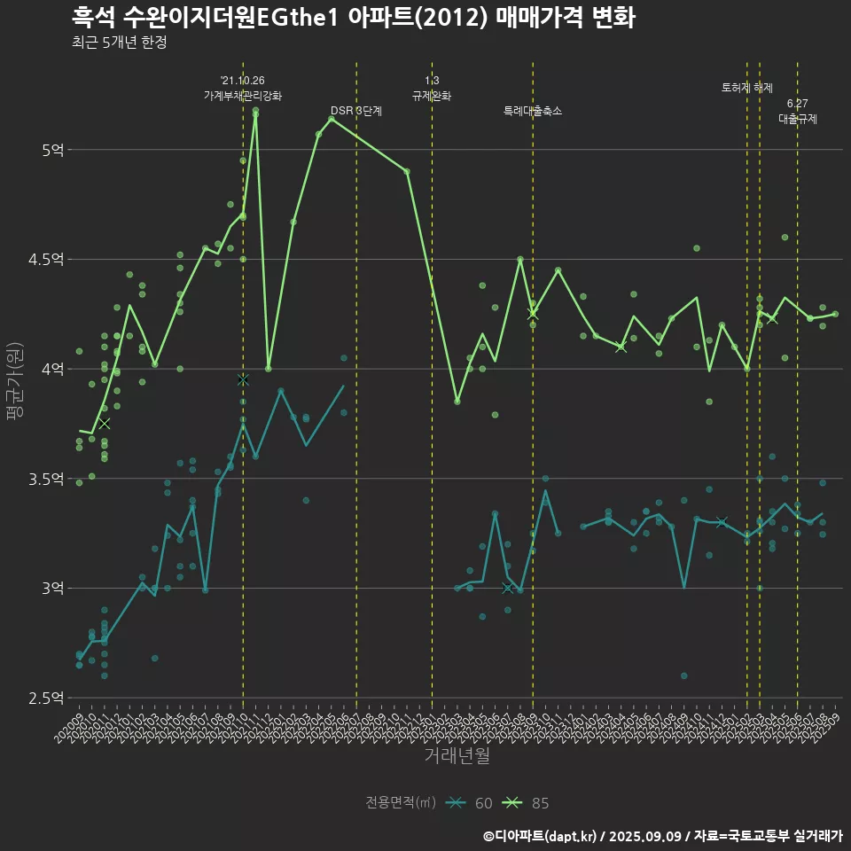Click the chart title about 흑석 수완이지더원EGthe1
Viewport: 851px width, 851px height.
353,18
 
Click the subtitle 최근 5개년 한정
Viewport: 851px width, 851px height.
119,43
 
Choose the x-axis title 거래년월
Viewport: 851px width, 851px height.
457,756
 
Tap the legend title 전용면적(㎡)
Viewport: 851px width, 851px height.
400,803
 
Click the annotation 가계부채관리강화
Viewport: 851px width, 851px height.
243,96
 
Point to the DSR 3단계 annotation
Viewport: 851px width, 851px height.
356,111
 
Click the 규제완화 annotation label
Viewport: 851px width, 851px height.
432,96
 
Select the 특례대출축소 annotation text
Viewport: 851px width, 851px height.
533,111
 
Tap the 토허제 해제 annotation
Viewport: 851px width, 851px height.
747,88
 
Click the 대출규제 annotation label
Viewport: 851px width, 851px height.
797,118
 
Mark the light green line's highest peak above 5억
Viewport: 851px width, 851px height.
255,113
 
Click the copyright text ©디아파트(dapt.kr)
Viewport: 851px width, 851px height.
541,835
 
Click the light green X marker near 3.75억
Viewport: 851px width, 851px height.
104,424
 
